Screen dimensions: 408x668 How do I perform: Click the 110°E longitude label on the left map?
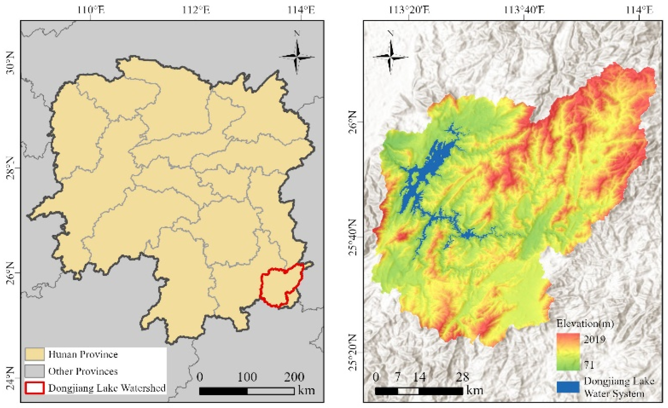(x=91, y=10)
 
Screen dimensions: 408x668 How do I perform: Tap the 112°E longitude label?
(x=196, y=10)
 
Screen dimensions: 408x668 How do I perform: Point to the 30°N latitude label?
(x=10, y=63)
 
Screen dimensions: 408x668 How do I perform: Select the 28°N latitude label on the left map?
(x=10, y=168)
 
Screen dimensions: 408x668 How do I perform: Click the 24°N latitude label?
(x=10, y=378)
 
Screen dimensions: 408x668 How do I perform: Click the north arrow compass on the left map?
(x=297, y=56)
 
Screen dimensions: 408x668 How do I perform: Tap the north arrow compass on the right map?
(x=391, y=56)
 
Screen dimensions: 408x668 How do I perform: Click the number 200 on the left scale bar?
(x=294, y=377)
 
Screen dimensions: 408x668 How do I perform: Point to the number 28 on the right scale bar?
(x=462, y=377)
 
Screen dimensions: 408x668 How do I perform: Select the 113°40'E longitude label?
(x=524, y=10)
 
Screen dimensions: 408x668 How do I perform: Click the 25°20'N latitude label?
(x=352, y=352)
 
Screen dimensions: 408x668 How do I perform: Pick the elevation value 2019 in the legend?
(x=595, y=339)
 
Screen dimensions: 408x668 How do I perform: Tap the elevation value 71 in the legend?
(x=589, y=364)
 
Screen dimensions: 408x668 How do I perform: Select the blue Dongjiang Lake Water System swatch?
(x=568, y=387)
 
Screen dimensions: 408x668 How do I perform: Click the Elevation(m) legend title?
(x=585, y=324)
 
